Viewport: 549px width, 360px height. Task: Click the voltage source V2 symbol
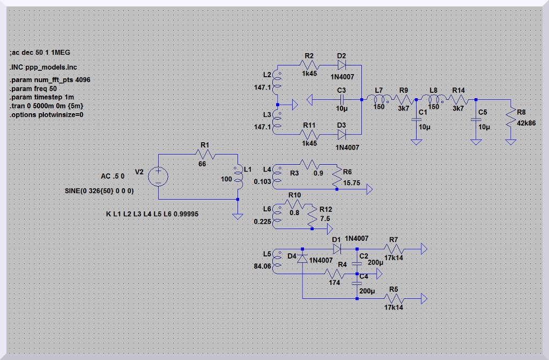click(x=159, y=176)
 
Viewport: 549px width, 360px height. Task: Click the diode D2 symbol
click(x=342, y=65)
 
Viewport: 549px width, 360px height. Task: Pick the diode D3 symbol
click(x=342, y=134)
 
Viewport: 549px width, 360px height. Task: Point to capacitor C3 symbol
click(x=342, y=100)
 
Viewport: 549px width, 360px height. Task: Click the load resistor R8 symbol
click(x=510, y=117)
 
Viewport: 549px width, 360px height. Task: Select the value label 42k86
click(x=525, y=123)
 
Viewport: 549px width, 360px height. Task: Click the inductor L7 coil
click(x=380, y=99)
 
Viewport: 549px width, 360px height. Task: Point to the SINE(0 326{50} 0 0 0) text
click(x=99, y=191)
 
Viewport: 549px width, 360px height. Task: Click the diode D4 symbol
click(x=303, y=259)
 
